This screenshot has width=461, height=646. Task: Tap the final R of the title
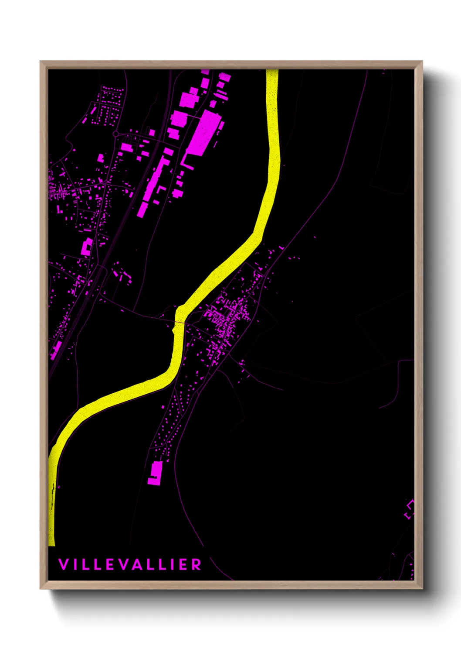click(x=197, y=564)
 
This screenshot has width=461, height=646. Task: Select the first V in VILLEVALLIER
click(x=63, y=564)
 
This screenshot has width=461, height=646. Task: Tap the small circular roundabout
click(x=116, y=134)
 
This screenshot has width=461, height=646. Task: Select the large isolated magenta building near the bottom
click(x=155, y=473)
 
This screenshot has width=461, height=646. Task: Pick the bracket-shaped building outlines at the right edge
click(x=409, y=509)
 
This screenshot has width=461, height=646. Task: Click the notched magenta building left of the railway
click(x=87, y=247)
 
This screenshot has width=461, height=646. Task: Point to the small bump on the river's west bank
click(x=174, y=332)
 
